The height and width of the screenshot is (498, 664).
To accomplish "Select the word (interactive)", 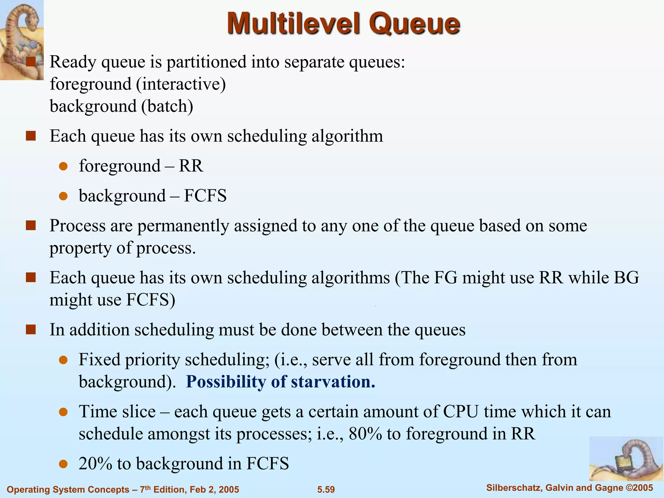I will [181, 84].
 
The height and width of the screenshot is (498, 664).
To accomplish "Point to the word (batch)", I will [167, 106].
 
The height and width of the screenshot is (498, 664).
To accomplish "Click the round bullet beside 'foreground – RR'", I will [63, 167].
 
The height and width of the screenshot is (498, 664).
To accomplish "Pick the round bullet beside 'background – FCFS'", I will [63, 196].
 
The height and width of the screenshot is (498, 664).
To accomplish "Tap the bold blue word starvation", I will [333, 382].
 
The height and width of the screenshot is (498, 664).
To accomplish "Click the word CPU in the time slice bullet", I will [461, 412].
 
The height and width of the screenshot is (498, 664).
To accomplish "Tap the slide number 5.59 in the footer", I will [326, 489].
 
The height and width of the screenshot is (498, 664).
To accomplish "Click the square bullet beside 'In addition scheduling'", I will [31, 330].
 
